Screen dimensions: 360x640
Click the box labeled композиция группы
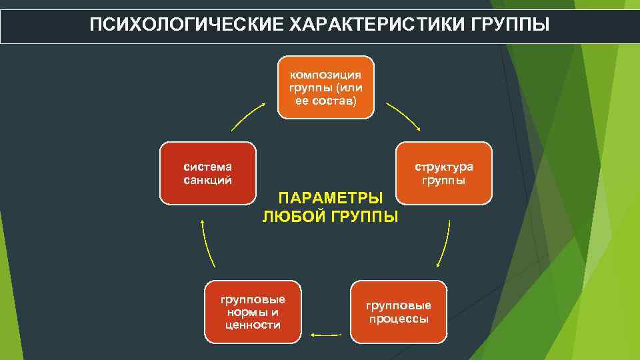[x=326, y=87]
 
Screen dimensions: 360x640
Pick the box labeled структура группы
[x=444, y=173]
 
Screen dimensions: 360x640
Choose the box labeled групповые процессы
[x=398, y=311]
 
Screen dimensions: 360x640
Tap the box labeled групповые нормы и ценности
[x=253, y=311]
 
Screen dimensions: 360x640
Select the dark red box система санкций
[x=207, y=173]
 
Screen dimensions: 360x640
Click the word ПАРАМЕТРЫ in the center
[x=331, y=199]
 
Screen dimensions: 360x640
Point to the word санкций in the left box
[x=207, y=179]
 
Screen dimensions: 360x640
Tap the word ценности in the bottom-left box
[x=253, y=325]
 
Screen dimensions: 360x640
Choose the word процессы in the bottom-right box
[x=398, y=319]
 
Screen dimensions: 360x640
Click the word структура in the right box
[x=444, y=167]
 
